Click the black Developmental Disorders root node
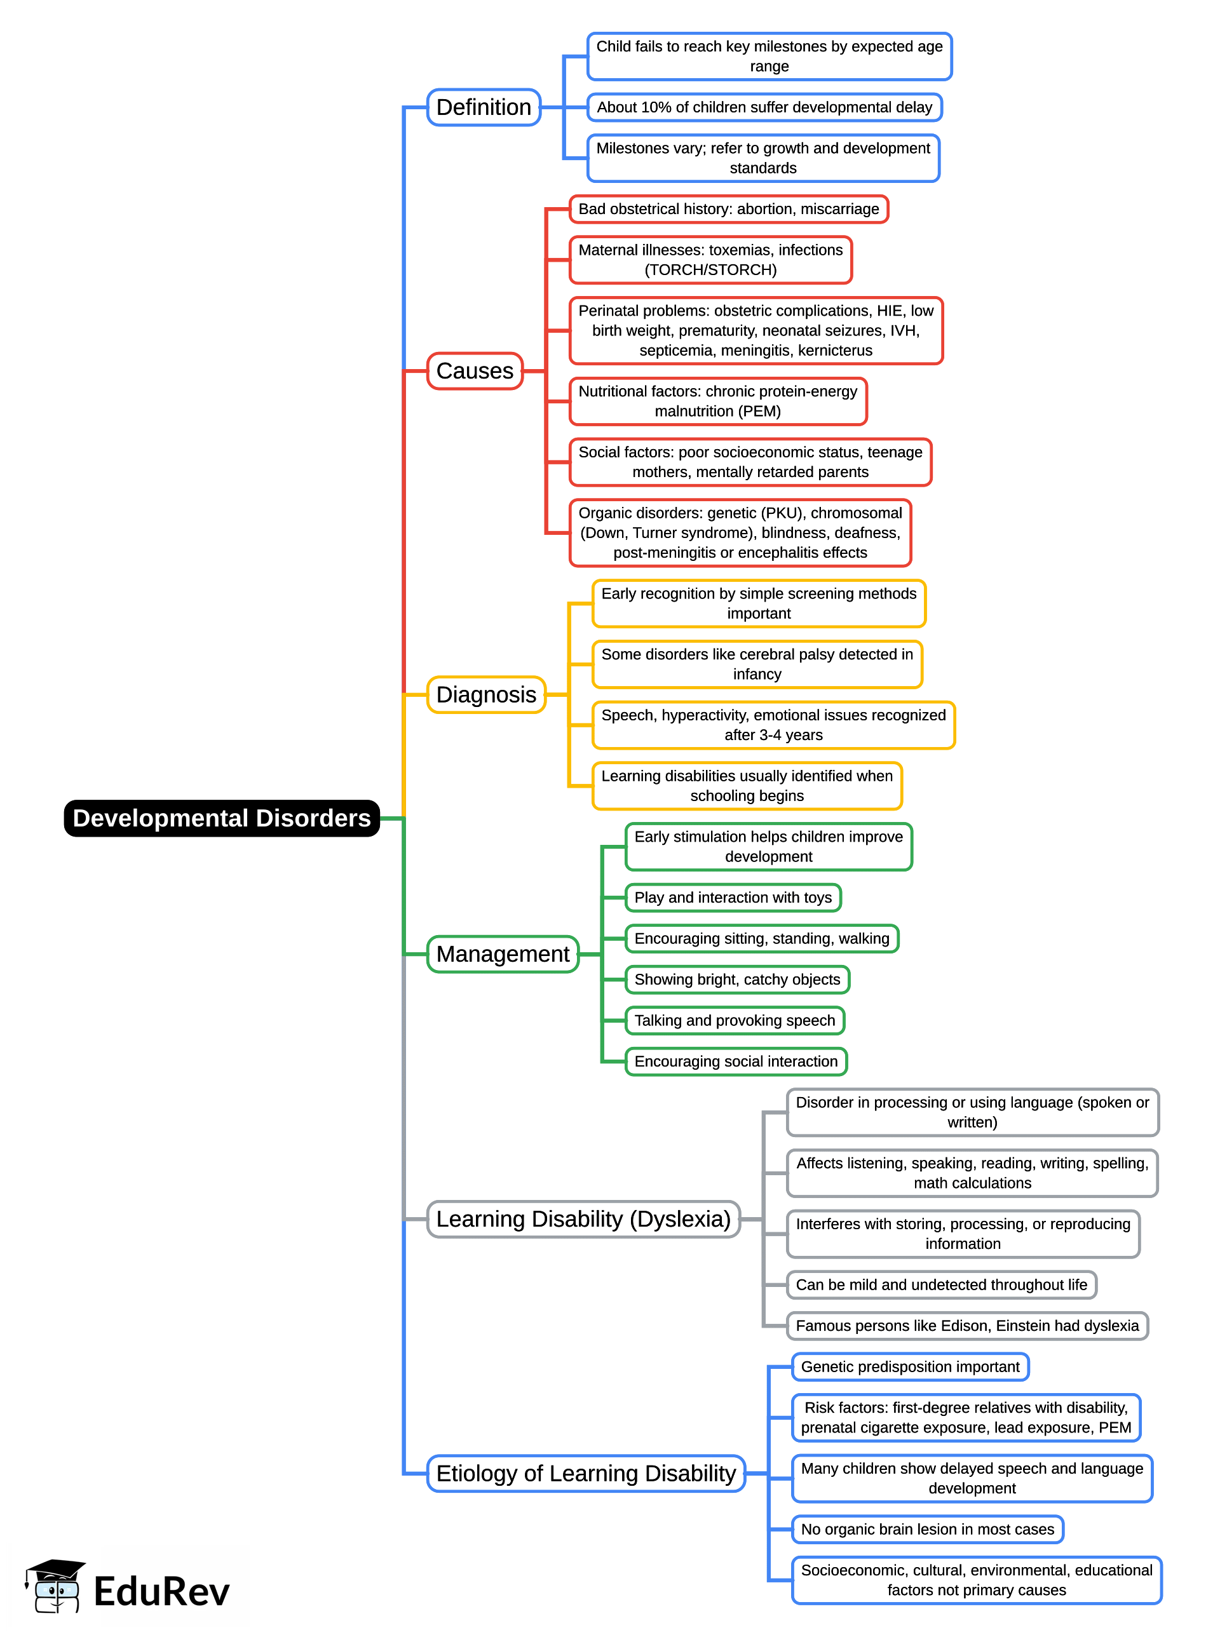(x=221, y=818)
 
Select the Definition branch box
(x=484, y=107)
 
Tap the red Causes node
(x=475, y=371)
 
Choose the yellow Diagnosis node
(x=485, y=694)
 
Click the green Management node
(x=503, y=954)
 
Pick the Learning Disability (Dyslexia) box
(x=583, y=1219)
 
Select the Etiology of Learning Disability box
(x=586, y=1474)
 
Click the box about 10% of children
(x=764, y=107)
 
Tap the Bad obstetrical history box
(x=729, y=209)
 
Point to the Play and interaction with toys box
(x=733, y=898)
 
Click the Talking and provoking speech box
(x=735, y=1021)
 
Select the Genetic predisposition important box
(x=910, y=1367)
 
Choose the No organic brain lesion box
(x=927, y=1530)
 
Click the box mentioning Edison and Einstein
(x=967, y=1326)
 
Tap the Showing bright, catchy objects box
(x=738, y=980)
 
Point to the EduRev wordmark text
(x=161, y=1592)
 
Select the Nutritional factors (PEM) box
(x=717, y=401)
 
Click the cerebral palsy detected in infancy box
(x=757, y=664)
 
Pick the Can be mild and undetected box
(x=941, y=1284)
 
